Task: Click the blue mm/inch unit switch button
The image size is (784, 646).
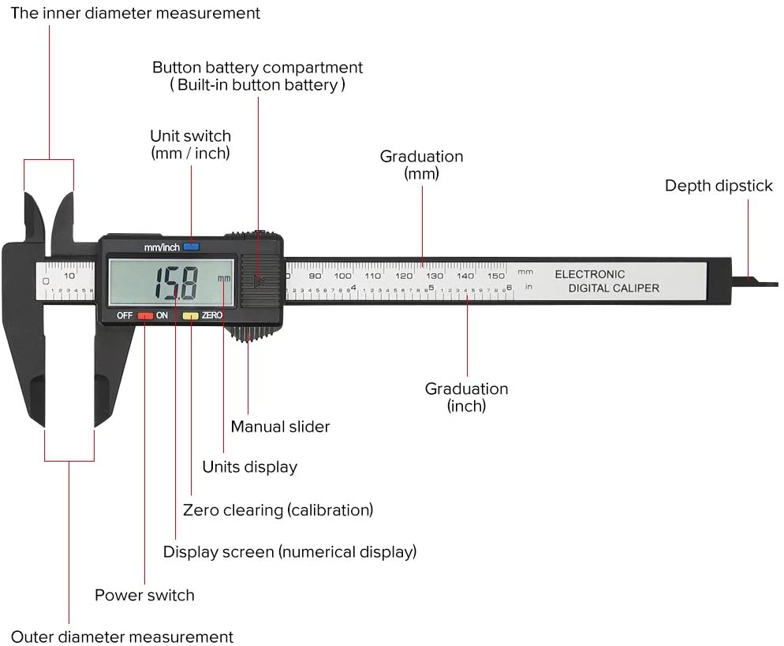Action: [x=191, y=247]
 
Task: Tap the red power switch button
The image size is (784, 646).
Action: [x=145, y=315]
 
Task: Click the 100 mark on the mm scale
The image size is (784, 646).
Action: [x=342, y=276]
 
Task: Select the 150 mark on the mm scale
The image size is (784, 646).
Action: [x=495, y=276]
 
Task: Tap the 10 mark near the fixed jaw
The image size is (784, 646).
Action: [x=69, y=276]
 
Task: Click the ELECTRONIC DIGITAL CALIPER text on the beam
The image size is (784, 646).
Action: [x=606, y=281]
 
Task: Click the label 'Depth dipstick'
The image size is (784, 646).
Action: [x=719, y=186]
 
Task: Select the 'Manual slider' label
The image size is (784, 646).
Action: [x=280, y=426]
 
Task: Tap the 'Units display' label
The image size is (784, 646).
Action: [x=249, y=466]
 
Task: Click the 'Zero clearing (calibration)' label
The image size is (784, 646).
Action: [x=278, y=510]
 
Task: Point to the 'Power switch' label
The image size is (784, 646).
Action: [x=144, y=595]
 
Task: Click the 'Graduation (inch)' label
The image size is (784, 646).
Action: [x=466, y=397]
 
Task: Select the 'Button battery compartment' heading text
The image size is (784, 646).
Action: [x=257, y=68]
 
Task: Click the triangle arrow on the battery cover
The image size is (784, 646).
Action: [x=259, y=280]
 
